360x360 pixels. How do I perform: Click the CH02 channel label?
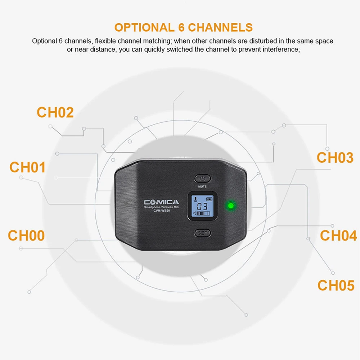55,113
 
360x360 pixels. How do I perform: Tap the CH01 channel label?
27,168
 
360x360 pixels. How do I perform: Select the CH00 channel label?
26,236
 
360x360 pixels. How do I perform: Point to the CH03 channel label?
335,158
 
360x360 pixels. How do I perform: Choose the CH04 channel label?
338,236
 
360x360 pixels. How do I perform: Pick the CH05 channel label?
336,285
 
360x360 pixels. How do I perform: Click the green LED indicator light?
231,206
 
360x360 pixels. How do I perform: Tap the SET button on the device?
202,233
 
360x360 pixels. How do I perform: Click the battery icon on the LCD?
209,198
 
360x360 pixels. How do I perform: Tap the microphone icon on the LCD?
195,199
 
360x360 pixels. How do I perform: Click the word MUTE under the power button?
202,186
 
